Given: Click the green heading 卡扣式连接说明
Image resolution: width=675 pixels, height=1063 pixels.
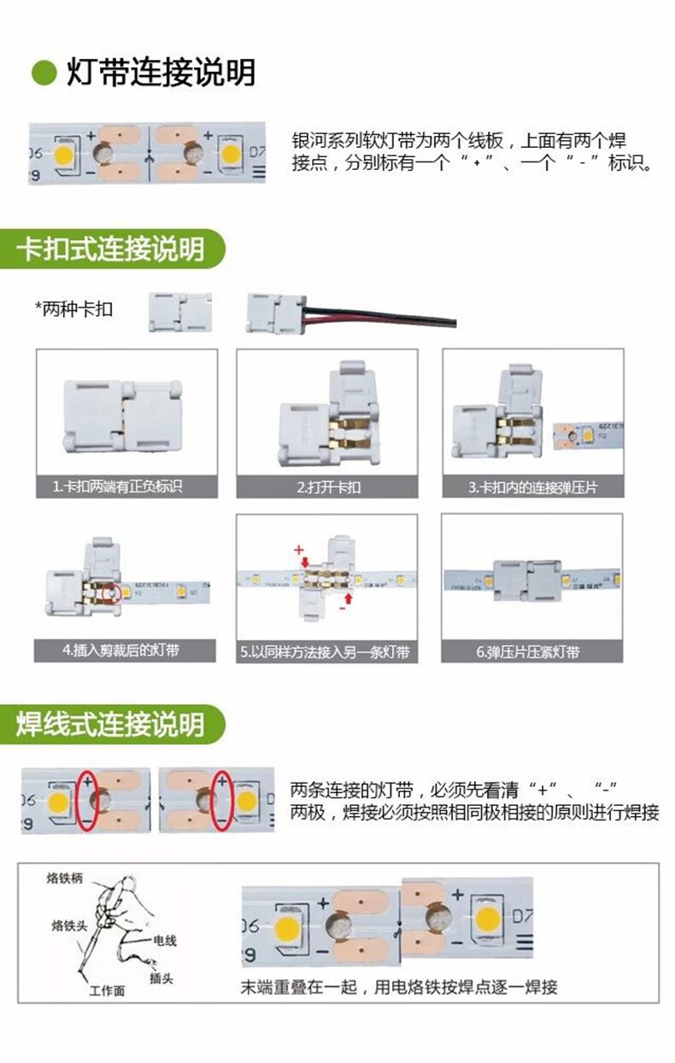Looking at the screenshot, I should [x=111, y=250].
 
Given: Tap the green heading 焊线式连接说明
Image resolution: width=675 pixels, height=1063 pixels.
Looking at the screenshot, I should [x=111, y=724].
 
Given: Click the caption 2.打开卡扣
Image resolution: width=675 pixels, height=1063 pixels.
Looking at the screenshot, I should [x=328, y=487].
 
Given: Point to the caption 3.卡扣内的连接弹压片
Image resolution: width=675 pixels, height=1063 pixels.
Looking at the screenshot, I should [x=532, y=487].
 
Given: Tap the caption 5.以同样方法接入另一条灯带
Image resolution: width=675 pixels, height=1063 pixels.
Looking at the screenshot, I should [x=327, y=652].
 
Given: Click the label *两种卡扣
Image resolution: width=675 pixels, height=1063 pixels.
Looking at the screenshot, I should [x=73, y=309].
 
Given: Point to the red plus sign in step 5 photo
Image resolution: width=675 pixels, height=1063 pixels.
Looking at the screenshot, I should [x=298, y=548].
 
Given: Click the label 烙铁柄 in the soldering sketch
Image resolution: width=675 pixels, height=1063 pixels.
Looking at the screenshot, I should [x=65, y=878].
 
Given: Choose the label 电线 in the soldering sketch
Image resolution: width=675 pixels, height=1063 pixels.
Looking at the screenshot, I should [x=165, y=940].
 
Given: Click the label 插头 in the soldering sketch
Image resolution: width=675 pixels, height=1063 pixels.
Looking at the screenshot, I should [x=160, y=978].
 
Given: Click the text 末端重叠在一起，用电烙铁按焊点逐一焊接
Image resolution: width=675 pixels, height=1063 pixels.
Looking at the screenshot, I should [x=399, y=988].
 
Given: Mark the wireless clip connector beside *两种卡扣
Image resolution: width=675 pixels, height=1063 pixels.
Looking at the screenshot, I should [x=180, y=312].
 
